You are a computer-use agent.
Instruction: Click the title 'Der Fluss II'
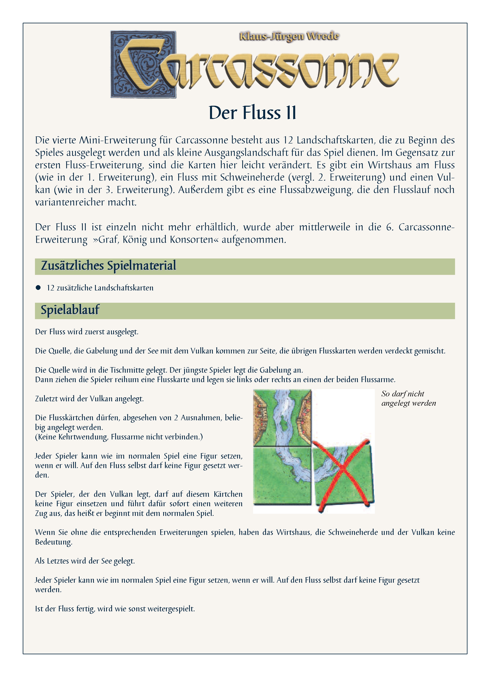(252, 113)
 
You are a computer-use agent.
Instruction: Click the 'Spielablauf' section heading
(70, 310)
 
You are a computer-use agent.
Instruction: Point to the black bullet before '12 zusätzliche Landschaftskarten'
(38, 288)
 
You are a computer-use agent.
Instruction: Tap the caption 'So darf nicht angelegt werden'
(408, 398)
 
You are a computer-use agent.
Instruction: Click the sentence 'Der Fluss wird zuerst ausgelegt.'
(87, 332)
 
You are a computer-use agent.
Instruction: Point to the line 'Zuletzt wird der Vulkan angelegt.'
(89, 399)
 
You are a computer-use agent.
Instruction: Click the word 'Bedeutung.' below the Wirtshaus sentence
(54, 542)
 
